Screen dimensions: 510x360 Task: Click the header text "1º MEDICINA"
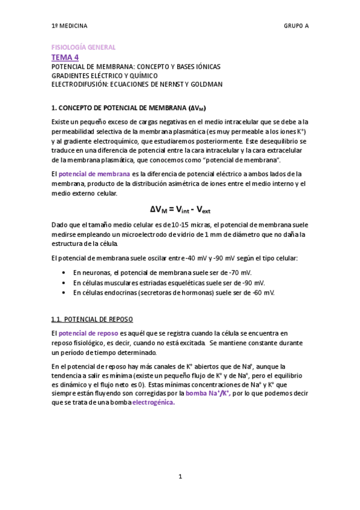pos(69,26)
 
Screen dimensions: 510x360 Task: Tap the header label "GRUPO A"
pos(296,26)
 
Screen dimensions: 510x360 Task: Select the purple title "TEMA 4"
pos(65,57)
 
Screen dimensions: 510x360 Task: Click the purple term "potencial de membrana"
pos(94,174)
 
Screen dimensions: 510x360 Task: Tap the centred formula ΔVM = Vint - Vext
pos(180,209)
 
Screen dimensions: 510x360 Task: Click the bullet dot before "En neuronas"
pos(64,273)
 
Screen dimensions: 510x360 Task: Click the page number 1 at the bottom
pos(180,477)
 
